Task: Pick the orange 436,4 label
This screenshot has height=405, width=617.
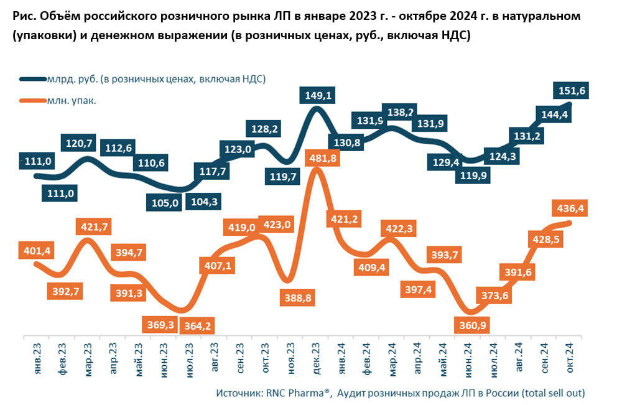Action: point(569,209)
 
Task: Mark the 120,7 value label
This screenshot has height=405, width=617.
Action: point(79,143)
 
